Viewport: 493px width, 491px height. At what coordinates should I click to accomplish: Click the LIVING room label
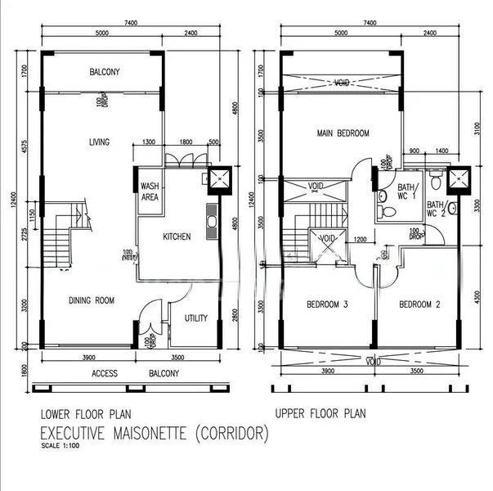[100, 142]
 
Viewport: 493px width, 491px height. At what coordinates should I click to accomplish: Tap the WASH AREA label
[150, 191]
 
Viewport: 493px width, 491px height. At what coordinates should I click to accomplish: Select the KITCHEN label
[177, 236]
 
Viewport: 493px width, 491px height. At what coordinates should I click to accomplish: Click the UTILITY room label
[195, 318]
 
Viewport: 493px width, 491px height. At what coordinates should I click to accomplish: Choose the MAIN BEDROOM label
[343, 133]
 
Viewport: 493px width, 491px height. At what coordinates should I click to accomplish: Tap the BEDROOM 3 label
[327, 304]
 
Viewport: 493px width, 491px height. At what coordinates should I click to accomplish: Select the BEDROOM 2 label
[420, 304]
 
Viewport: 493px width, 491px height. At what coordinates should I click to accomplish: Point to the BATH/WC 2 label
[435, 209]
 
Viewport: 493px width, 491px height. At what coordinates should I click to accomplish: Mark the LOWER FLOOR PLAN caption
[86, 413]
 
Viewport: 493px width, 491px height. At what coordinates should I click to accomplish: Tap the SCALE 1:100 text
[61, 447]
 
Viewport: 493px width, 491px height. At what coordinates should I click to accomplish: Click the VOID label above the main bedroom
[342, 83]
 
